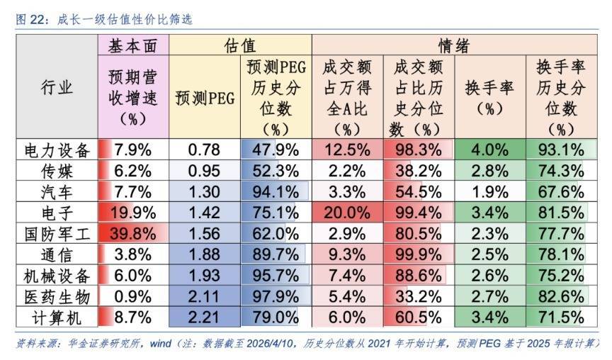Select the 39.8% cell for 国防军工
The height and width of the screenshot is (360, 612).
point(133,234)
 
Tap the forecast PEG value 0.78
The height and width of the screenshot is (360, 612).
point(205,150)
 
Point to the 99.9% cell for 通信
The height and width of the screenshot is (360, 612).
point(419,255)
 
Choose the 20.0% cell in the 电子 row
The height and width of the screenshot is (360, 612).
point(347,213)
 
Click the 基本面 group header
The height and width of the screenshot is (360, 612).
point(133,47)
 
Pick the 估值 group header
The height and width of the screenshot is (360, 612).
point(240,47)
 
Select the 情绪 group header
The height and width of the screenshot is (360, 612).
point(455,47)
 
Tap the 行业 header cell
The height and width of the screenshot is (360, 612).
point(57,88)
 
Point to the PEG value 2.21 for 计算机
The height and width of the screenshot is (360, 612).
point(205,317)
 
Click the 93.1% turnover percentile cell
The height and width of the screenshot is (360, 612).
point(562,150)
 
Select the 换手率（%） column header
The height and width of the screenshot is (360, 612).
point(489,98)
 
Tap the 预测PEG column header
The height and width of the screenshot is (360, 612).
point(205,98)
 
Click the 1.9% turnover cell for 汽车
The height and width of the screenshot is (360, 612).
point(489,192)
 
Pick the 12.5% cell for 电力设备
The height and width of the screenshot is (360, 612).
point(347,150)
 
